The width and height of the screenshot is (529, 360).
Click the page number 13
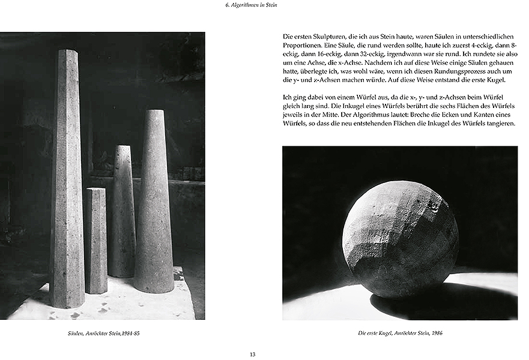pos(252,354)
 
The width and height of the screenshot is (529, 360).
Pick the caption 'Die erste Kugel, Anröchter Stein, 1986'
pos(400,333)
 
